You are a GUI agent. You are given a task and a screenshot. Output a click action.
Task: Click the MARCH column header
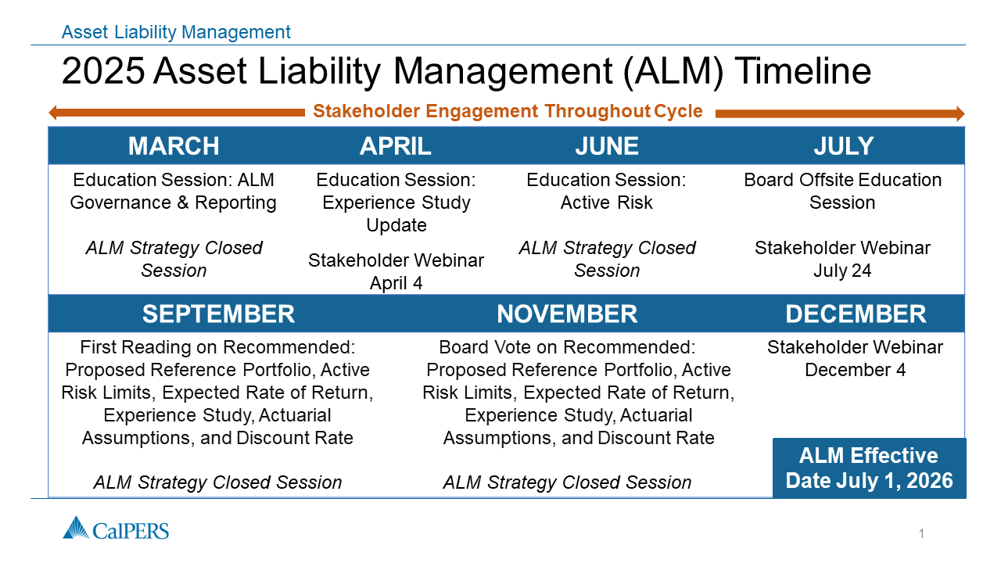click(174, 146)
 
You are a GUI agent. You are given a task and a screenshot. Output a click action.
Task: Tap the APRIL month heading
click(396, 146)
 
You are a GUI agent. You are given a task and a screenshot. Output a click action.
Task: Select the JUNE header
click(607, 146)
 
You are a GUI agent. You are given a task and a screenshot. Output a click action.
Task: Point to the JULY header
click(844, 146)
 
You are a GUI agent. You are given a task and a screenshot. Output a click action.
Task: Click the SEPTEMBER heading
click(218, 314)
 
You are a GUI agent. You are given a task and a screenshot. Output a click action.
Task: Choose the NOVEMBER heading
click(567, 314)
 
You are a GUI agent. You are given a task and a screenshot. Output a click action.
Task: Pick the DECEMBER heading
click(856, 314)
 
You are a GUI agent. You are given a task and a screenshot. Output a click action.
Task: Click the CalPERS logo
click(116, 528)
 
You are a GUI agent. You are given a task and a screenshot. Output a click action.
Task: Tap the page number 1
click(921, 533)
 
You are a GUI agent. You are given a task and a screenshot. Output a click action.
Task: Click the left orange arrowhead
click(54, 113)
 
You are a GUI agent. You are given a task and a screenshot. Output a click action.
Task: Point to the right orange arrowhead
click(960, 113)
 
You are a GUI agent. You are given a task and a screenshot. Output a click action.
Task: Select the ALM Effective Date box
click(869, 468)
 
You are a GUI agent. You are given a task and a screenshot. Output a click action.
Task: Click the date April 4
click(396, 283)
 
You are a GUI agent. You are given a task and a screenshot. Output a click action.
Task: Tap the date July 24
click(842, 271)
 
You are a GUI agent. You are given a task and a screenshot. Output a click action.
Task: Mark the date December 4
click(856, 370)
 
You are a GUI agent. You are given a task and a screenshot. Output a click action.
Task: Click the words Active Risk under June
click(606, 203)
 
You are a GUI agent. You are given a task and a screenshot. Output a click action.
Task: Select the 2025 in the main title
click(103, 70)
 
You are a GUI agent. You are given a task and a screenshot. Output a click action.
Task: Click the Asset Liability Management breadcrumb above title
click(176, 32)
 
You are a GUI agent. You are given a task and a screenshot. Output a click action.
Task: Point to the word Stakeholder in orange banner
click(367, 111)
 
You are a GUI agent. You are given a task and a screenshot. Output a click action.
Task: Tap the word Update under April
click(396, 225)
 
